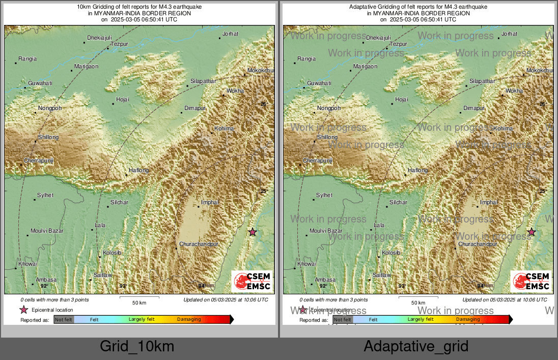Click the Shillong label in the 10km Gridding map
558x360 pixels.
click(48, 137)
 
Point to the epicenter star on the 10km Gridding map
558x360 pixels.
click(253, 232)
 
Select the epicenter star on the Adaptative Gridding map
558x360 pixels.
click(532, 232)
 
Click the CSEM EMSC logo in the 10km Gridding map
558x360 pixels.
click(252, 282)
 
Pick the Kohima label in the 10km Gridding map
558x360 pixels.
click(224, 128)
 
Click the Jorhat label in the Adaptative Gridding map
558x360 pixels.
click(509, 34)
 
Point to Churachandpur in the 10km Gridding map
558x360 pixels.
click(199, 244)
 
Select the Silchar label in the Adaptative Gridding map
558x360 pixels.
click(398, 202)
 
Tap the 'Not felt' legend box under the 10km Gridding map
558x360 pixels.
click(64, 319)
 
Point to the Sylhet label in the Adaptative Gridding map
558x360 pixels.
click(324, 195)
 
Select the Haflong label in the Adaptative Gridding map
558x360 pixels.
click(418, 170)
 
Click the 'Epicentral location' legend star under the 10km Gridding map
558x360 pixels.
click(23, 310)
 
